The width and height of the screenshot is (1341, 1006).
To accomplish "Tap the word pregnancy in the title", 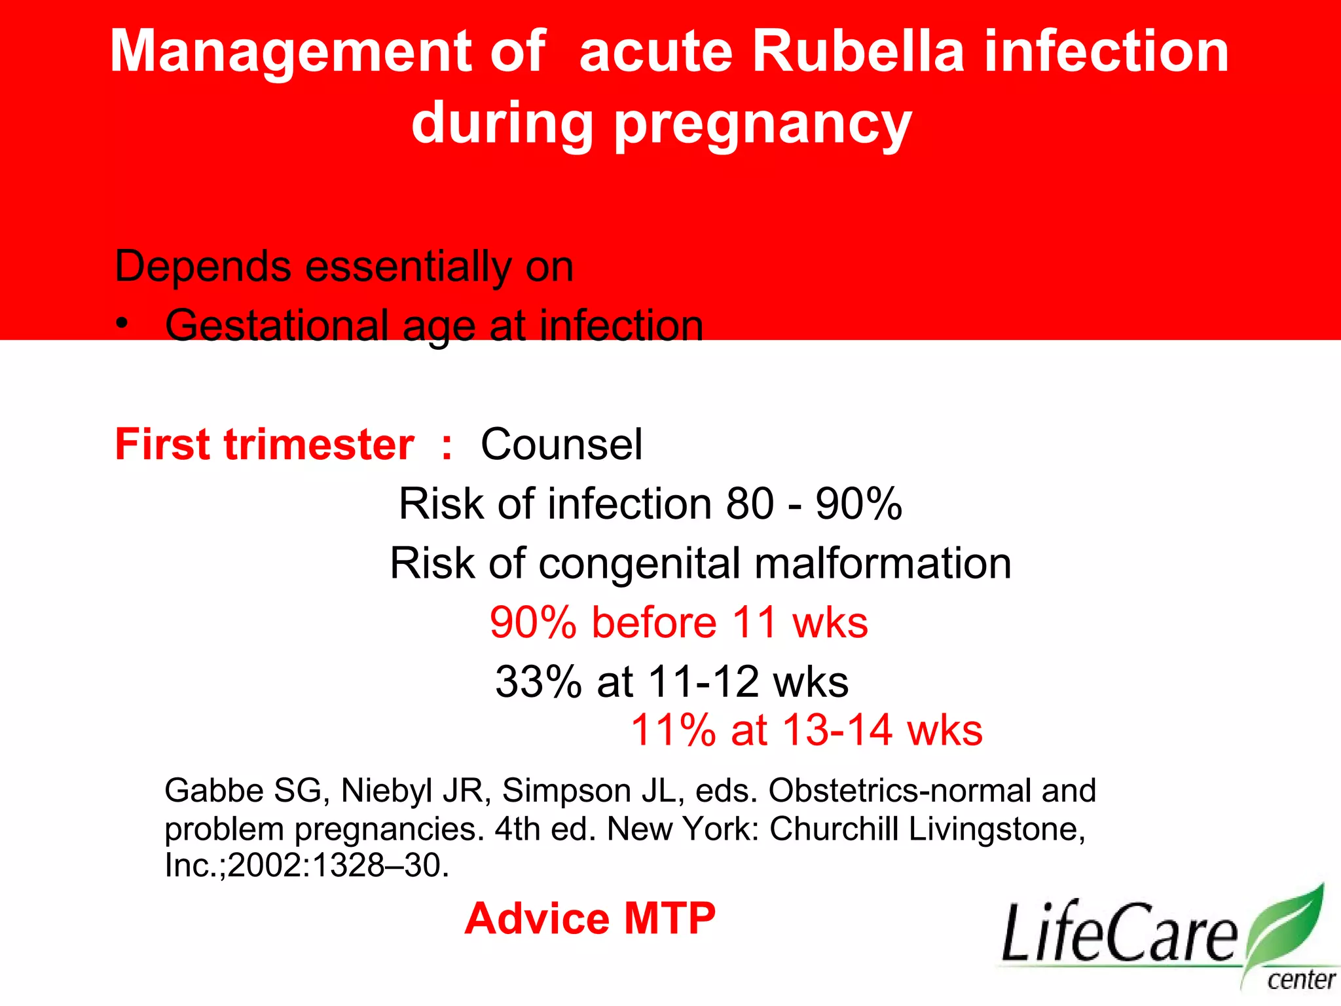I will [762, 124].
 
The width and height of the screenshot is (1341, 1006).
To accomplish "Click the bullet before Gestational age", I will [122, 324].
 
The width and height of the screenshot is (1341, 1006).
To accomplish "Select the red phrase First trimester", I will [265, 445].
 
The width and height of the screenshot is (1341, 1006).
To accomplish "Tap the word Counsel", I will [562, 445].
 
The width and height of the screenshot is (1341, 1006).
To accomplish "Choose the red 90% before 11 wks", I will [679, 622].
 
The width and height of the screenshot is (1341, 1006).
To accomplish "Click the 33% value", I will [538, 682].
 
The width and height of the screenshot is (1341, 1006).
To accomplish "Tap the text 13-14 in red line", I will [837, 730].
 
